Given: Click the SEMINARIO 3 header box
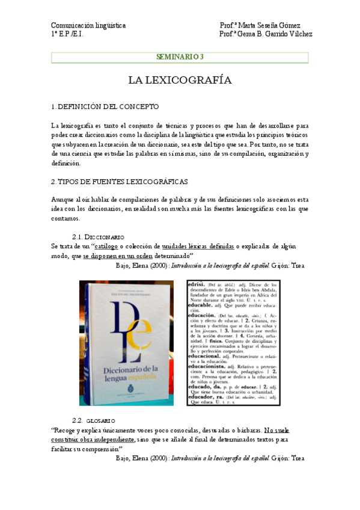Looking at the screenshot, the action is click(x=180, y=58).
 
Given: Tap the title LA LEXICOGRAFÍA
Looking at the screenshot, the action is click(x=180, y=80).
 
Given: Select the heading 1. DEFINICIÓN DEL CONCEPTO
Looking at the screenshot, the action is click(x=105, y=107).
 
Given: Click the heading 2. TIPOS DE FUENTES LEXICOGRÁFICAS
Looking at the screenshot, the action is click(x=120, y=181).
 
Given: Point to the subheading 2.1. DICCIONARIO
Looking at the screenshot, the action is click(x=98, y=237).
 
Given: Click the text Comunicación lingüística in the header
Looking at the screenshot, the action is click(x=88, y=26).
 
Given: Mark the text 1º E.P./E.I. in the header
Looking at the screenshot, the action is click(x=67, y=34).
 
